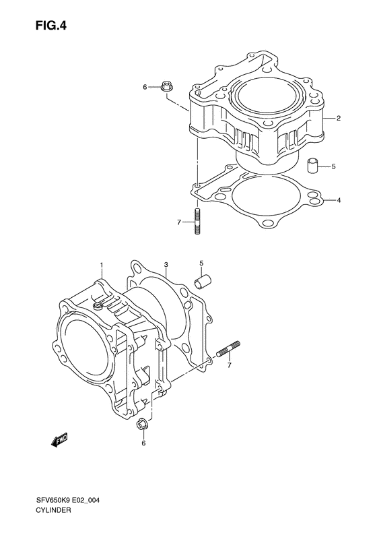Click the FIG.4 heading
click(51, 26)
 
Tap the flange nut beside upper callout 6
click(166, 87)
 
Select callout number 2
click(339, 119)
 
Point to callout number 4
click(339, 200)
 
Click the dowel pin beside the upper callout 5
click(312, 166)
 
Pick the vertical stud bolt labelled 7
click(197, 221)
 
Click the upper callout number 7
click(178, 222)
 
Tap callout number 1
click(101, 264)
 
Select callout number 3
click(166, 264)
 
